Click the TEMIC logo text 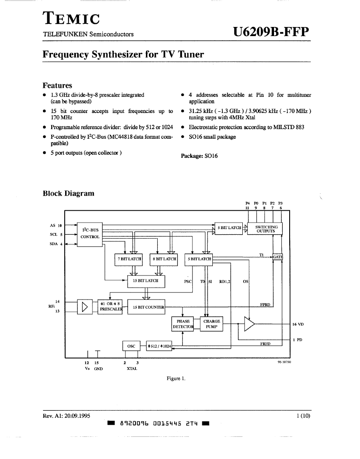pyautogui.click(x=72, y=18)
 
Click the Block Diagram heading pyautogui.click(x=69, y=193)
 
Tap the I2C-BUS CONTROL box pyautogui.click(x=90, y=234)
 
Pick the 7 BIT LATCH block pyautogui.click(x=129, y=259)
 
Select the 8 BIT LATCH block pyautogui.click(x=164, y=259)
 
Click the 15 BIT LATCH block pyautogui.click(x=146, y=281)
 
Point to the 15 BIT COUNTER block pyautogui.click(x=146, y=307)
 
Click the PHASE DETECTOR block pyautogui.click(x=183, y=324)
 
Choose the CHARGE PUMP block pyautogui.click(x=211, y=324)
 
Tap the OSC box pyautogui.click(x=131, y=346)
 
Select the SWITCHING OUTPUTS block pyautogui.click(x=265, y=229)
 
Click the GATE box pyautogui.click(x=277, y=257)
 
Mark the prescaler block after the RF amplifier pyautogui.click(x=110, y=307)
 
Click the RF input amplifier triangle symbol pyautogui.click(x=85, y=307)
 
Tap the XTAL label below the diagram pyautogui.click(x=132, y=369)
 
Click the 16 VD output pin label pyautogui.click(x=298, y=324)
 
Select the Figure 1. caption pyautogui.click(x=176, y=379)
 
